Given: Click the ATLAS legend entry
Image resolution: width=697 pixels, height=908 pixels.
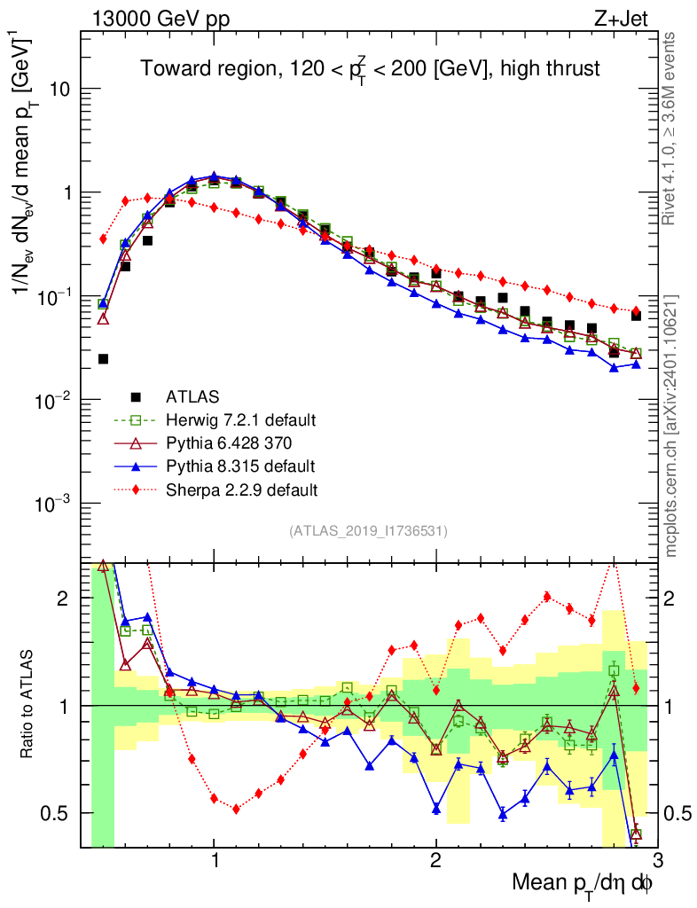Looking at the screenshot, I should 191,396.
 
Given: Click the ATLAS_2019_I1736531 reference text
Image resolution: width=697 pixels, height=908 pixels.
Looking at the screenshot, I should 368,531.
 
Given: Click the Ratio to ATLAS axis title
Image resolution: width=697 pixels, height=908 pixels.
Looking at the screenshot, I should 29,704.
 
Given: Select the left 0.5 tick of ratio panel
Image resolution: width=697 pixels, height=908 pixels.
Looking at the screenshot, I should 60,813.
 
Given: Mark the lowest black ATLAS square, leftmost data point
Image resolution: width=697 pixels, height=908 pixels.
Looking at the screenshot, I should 103,359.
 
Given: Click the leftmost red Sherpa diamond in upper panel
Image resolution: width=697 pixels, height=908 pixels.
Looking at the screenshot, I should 103,239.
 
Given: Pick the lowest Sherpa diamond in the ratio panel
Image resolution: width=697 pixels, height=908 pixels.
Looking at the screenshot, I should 236,809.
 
